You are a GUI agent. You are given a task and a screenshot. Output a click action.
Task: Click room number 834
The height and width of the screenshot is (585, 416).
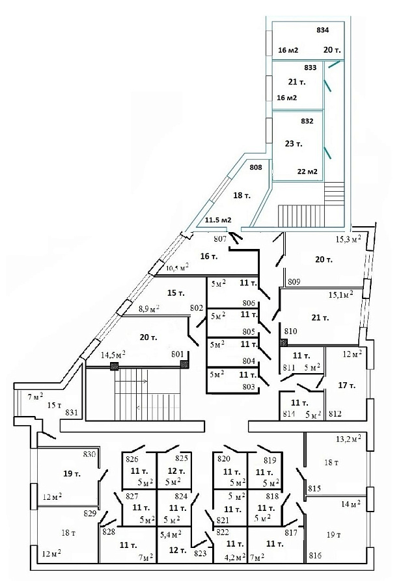[322, 30]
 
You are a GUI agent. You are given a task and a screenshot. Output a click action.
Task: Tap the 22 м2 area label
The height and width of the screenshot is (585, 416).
[307, 172]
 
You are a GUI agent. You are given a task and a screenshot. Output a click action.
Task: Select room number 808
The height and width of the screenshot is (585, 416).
[256, 167]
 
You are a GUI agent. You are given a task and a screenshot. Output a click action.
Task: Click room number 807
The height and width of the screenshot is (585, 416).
[220, 239]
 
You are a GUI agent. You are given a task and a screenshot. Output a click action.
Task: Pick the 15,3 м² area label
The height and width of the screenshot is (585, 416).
[348, 239]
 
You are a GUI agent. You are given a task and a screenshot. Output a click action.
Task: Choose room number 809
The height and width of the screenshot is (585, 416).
[294, 282]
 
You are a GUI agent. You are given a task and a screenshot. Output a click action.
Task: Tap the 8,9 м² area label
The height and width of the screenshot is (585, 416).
[149, 309]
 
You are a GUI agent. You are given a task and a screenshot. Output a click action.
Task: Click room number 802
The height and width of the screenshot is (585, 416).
[197, 308]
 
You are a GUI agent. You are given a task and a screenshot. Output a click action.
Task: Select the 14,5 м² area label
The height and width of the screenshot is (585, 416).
[113, 354]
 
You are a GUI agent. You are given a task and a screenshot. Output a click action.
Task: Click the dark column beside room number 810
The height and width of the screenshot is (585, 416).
[284, 342]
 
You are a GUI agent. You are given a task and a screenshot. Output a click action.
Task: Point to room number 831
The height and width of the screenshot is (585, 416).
[72, 413]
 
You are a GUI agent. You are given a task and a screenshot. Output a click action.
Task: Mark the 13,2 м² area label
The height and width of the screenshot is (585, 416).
[348, 439]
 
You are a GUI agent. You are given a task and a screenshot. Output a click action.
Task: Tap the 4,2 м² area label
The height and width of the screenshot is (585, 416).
[235, 557]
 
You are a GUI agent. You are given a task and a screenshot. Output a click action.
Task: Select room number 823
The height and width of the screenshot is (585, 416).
[201, 554]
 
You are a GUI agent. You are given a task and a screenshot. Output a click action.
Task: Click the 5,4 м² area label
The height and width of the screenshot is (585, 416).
[171, 535]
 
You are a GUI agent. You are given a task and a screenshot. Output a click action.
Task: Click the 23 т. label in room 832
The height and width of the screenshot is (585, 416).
[294, 144]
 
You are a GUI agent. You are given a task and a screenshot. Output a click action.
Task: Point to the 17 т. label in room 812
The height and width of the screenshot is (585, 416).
[346, 385]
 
